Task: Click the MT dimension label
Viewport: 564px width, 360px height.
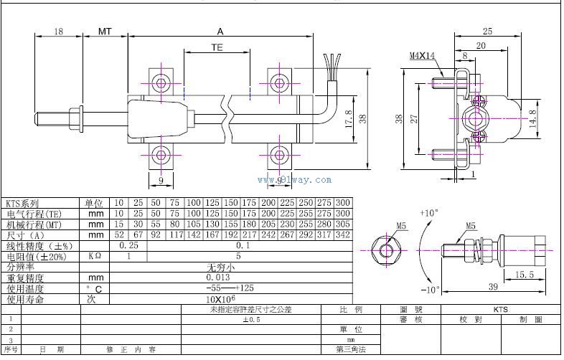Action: tap(105, 32)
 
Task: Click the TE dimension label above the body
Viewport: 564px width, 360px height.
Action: tap(217, 47)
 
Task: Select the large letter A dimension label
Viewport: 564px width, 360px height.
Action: tap(220, 32)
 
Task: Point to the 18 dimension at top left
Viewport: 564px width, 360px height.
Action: tap(59, 32)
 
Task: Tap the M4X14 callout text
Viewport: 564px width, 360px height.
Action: tap(423, 55)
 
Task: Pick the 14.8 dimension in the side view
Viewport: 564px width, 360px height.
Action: tap(531, 116)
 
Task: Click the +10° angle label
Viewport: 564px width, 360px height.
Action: tap(428, 213)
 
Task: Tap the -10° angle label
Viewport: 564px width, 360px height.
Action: tap(428, 290)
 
